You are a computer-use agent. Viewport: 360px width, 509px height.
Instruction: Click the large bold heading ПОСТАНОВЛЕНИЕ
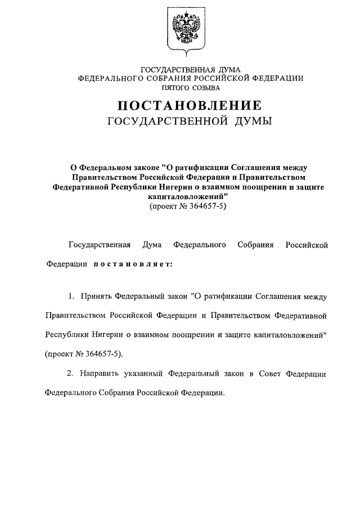click(x=190, y=105)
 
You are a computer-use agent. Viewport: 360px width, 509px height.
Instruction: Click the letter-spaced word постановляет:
click(x=133, y=263)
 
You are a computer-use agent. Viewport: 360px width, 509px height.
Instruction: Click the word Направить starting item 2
click(x=99, y=373)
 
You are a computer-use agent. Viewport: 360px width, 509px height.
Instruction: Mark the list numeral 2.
click(x=71, y=373)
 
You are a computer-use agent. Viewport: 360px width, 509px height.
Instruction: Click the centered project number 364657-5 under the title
click(x=208, y=207)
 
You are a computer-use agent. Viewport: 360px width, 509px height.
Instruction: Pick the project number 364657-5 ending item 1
click(x=101, y=354)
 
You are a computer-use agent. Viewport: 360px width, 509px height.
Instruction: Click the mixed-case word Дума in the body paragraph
click(x=152, y=245)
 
